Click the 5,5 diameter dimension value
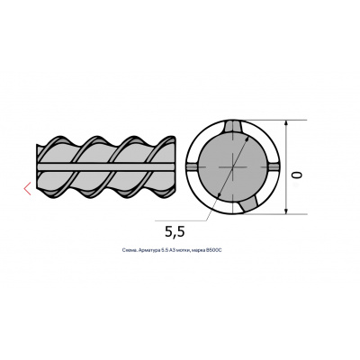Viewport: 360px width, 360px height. click(x=175, y=231)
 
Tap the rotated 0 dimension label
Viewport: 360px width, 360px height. click(x=296, y=175)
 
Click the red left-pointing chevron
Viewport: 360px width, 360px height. click(x=27, y=188)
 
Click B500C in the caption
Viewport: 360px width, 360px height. click(x=214, y=250)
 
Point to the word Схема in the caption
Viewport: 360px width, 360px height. click(x=129, y=250)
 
